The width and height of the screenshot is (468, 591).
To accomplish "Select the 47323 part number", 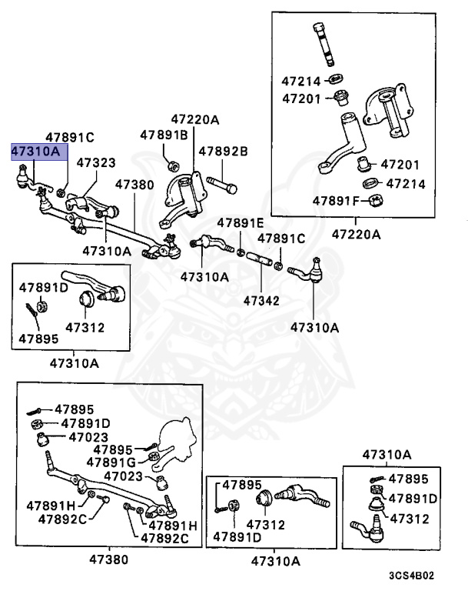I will tap(96, 163).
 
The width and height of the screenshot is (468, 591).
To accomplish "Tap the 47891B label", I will tap(164, 135).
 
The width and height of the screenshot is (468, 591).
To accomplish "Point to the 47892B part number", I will tap(223, 152).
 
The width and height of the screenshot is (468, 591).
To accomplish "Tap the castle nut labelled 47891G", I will tap(152, 460).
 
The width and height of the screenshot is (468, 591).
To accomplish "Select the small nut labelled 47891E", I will tap(241, 252).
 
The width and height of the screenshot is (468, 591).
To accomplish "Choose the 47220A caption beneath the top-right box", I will tap(357, 233).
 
